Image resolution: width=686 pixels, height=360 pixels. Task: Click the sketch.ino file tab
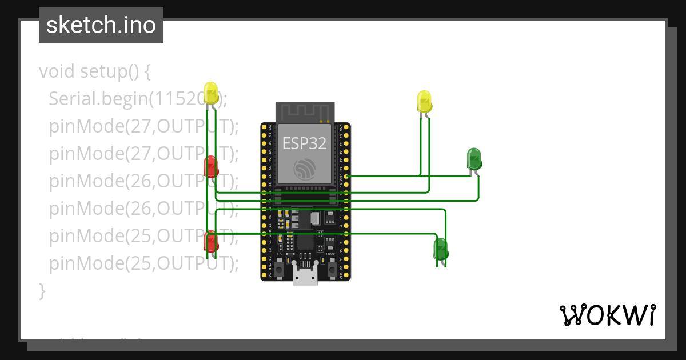coord(101,25)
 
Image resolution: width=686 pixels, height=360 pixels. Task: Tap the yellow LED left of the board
coord(211,93)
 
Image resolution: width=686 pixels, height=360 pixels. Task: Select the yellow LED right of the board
coord(424,101)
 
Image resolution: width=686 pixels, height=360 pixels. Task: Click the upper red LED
coord(210,166)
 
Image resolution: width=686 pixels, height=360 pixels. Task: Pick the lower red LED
coord(210,241)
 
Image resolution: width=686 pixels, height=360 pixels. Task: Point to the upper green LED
coord(474,158)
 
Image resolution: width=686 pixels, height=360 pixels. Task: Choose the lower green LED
coord(440,249)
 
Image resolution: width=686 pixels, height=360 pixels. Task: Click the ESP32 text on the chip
coord(304,143)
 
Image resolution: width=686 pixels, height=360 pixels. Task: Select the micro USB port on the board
coord(305,276)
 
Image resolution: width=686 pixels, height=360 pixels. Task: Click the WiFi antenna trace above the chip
coord(304,112)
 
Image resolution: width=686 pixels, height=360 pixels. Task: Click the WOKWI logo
coord(607,315)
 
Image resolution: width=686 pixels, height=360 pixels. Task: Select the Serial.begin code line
coord(137,99)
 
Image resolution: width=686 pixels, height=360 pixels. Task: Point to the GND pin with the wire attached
coord(346,177)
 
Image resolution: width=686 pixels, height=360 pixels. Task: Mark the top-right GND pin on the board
coord(346,127)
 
